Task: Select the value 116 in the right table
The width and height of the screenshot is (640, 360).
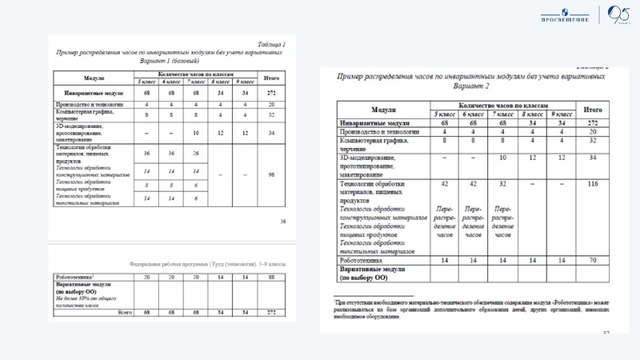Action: tap(591, 184)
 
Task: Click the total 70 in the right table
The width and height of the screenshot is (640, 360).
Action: tap(591, 260)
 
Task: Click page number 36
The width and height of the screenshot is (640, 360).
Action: tap(281, 221)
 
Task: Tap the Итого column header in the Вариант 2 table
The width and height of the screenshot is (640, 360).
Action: tap(592, 108)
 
